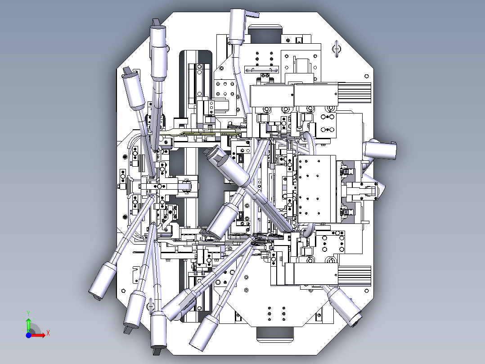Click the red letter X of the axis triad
48,333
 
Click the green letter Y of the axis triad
28,313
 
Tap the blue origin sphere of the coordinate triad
28,335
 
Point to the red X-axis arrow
38,335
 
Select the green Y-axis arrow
28,325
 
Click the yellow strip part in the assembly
204,133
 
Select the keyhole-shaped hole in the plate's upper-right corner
337,49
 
